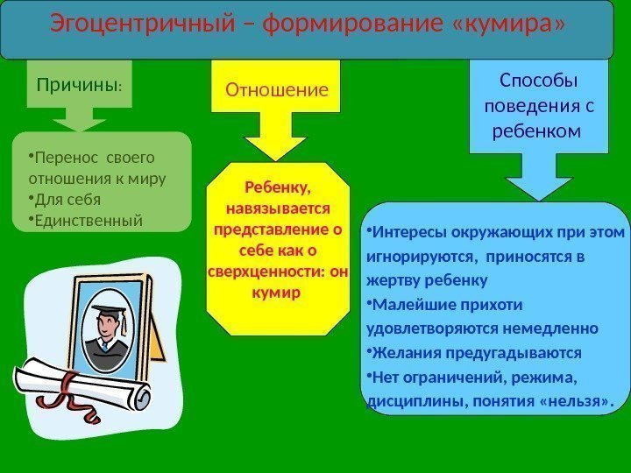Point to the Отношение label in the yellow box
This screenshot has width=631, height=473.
pyautogui.click(x=277, y=89)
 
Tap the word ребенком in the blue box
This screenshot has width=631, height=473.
pyautogui.click(x=539, y=131)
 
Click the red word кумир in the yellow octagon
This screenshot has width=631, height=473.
pyautogui.click(x=276, y=292)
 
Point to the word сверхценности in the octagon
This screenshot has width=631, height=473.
pyautogui.click(x=261, y=272)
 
